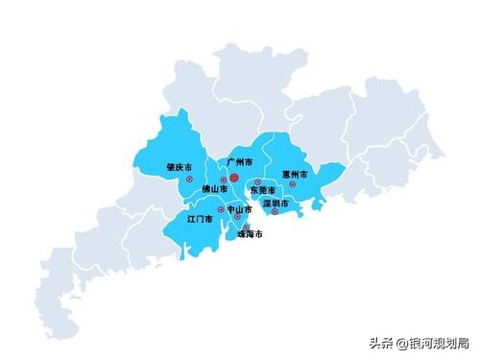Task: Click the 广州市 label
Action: tap(240, 163)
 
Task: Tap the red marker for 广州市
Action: tap(234, 177)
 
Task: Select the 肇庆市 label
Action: tap(178, 166)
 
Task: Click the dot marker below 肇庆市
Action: tap(189, 180)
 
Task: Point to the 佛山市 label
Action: tap(215, 191)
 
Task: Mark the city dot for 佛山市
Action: tap(224, 180)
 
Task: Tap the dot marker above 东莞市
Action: tap(257, 182)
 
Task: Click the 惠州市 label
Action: tap(295, 175)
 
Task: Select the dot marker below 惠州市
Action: tap(293, 184)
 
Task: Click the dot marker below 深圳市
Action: tap(275, 212)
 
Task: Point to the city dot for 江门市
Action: tap(221, 209)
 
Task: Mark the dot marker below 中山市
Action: tap(238, 217)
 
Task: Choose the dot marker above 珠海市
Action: tap(246, 227)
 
